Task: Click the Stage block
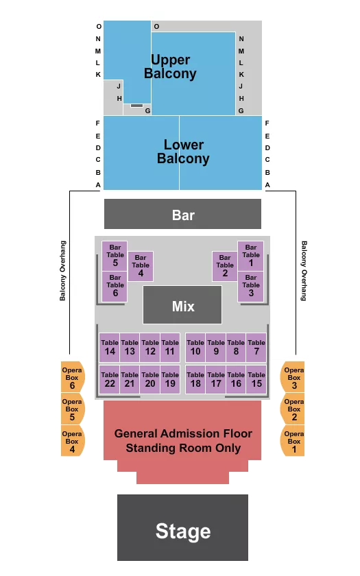pyautogui.click(x=182, y=527)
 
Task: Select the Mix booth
pyautogui.click(x=182, y=305)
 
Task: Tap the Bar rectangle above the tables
pyautogui.click(x=182, y=214)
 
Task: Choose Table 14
pyautogui.click(x=110, y=348)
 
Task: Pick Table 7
pyautogui.click(x=256, y=348)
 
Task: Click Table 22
pyautogui.click(x=110, y=379)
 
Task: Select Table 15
pyautogui.click(x=256, y=379)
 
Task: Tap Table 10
pyautogui.click(x=195, y=348)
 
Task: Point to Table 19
pyautogui.click(x=170, y=379)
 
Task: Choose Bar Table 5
pyautogui.click(x=115, y=256)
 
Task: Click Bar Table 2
pyautogui.click(x=225, y=266)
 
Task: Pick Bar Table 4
pyautogui.click(x=141, y=266)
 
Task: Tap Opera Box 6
pyautogui.click(x=73, y=377)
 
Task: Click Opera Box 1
pyautogui.click(x=293, y=441)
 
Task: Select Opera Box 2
pyautogui.click(x=293, y=409)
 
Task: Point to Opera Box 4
pyautogui.click(x=73, y=441)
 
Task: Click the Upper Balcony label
pyautogui.click(x=170, y=67)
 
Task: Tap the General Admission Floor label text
pyautogui.click(x=183, y=433)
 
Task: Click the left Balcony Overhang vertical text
pyautogui.click(x=63, y=271)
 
